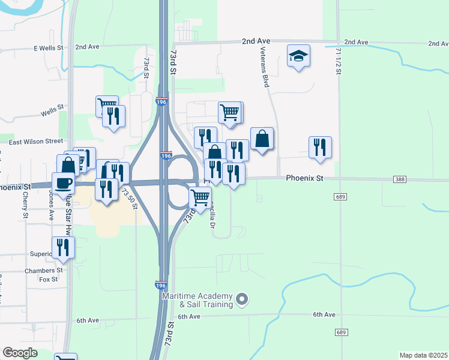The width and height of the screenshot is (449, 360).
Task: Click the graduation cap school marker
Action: [298, 56]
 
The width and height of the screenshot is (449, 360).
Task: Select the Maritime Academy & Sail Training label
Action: [206, 301]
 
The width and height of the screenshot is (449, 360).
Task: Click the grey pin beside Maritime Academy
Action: [241, 298]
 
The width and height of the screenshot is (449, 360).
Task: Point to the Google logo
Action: [20, 353]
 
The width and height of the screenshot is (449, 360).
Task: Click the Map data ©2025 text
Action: [424, 355]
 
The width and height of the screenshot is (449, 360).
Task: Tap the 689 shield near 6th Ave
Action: [342, 332]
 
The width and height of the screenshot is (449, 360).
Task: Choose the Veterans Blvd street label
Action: [264, 68]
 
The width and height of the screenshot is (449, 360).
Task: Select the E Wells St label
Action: [52, 48]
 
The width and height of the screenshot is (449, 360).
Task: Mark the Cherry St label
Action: [26, 204]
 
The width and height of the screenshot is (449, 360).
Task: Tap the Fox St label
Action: [48, 279]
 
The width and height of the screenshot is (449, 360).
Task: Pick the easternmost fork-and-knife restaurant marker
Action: [321, 147]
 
